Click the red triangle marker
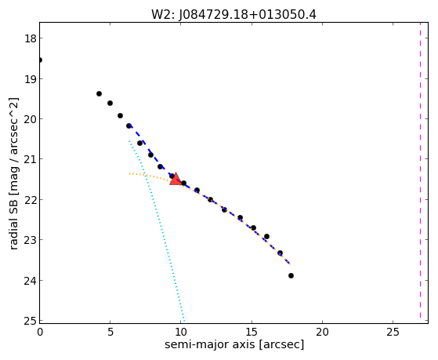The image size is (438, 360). pyautogui.click(x=176, y=179)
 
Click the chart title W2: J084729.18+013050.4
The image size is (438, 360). pyautogui.click(x=233, y=15)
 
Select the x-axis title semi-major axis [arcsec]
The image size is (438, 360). pyautogui.click(x=234, y=344)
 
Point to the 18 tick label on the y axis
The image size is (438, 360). pyautogui.click(x=30, y=38)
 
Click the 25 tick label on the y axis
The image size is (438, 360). pyautogui.click(x=30, y=321)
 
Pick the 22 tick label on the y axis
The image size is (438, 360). pyautogui.click(x=30, y=200)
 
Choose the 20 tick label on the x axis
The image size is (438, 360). pyautogui.click(x=322, y=333)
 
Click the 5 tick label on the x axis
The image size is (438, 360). pyautogui.click(x=110, y=333)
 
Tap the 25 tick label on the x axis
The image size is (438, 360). pyautogui.click(x=393, y=333)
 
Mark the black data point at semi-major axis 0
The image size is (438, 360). pyautogui.click(x=40, y=60)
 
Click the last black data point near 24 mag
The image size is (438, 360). pyautogui.click(x=291, y=275)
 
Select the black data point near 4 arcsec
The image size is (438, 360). pyautogui.click(x=99, y=93)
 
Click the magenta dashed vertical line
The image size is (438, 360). pyautogui.click(x=420, y=170)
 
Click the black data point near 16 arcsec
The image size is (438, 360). pyautogui.click(x=266, y=236)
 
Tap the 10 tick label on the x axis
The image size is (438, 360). pyautogui.click(x=181, y=333)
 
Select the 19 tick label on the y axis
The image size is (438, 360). pyautogui.click(x=30, y=79)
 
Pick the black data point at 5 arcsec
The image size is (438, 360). pyautogui.click(x=110, y=103)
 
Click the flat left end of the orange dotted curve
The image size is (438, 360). pyautogui.click(x=129, y=173)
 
